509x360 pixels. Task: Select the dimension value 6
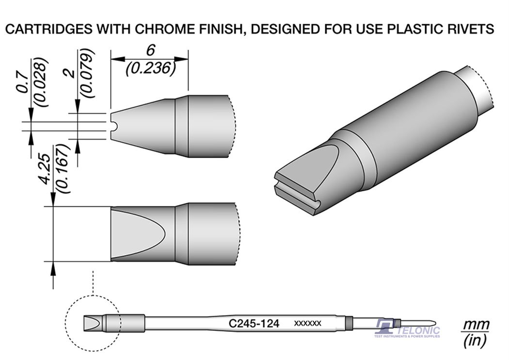[150, 50]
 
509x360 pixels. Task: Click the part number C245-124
[254, 324]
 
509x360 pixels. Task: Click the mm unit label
[476, 325]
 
